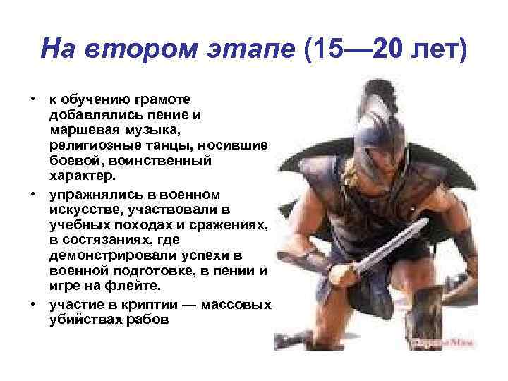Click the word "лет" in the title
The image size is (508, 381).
point(437,51)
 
